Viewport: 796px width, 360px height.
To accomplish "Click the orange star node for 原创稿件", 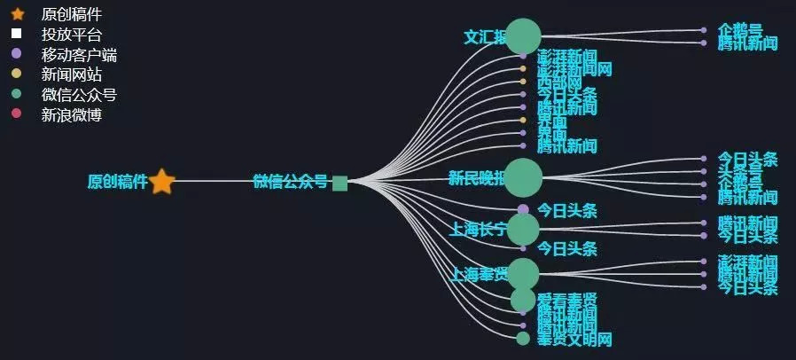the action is [x=161, y=182].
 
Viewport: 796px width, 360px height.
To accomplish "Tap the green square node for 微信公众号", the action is [x=339, y=183].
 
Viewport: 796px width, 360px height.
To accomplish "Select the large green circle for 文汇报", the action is [x=523, y=36].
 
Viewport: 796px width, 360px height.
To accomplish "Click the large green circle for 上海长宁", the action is [x=523, y=229].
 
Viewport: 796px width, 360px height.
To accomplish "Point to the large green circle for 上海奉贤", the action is [x=523, y=273].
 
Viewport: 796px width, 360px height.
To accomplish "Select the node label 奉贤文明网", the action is [x=574, y=339].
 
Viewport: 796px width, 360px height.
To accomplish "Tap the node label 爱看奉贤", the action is [x=566, y=299].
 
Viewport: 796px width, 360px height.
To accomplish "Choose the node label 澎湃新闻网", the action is [x=574, y=68].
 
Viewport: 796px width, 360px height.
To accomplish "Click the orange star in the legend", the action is [x=17, y=14].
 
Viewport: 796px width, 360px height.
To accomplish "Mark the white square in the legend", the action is [x=16, y=34].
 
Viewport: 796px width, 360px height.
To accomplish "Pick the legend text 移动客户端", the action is [x=79, y=54].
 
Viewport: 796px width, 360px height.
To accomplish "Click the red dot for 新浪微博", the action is [x=16, y=114].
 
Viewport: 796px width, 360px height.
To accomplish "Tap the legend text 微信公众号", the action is [x=79, y=95].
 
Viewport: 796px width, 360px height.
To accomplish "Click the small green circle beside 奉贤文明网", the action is [x=523, y=338].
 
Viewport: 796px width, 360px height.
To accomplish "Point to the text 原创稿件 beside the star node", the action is [x=117, y=182].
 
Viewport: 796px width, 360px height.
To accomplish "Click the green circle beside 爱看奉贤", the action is [x=523, y=300].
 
